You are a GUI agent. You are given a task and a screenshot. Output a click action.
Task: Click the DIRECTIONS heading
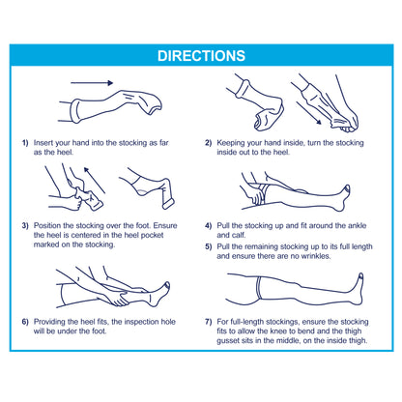201,56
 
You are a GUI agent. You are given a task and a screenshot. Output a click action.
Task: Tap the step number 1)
25,143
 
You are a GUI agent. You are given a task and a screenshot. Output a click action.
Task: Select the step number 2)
209,143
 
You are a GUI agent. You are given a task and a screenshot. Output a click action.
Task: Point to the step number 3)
25,225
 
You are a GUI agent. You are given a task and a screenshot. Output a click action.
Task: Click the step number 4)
209,225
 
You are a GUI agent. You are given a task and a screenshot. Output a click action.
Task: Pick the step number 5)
209,246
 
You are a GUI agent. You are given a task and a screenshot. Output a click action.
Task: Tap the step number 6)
25,322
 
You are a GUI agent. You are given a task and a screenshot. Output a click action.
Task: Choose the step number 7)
209,322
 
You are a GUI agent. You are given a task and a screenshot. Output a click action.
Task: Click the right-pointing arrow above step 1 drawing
92,83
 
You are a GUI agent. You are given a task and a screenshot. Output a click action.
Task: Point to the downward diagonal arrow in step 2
309,113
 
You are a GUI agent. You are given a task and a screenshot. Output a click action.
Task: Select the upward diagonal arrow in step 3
95,180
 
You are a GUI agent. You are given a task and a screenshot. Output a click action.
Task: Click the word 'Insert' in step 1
43,143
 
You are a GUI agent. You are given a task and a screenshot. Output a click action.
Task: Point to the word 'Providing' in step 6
49,322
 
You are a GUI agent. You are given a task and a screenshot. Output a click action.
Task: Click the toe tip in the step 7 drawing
360,275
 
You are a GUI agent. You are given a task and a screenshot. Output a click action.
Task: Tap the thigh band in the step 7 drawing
258,288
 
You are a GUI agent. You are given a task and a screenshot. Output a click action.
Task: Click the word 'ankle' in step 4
357,225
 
